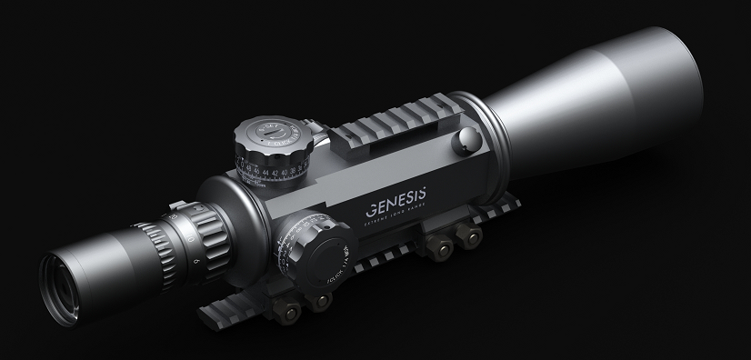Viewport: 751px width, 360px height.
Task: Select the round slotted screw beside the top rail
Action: click(x=467, y=137)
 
